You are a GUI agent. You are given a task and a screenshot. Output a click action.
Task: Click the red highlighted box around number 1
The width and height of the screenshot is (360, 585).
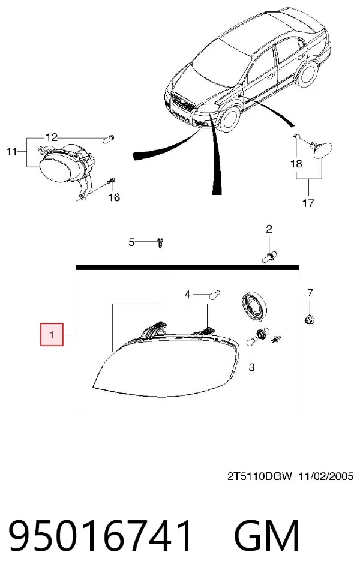pos(52,334)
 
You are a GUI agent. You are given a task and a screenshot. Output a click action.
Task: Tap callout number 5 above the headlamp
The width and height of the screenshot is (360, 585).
pos(131,242)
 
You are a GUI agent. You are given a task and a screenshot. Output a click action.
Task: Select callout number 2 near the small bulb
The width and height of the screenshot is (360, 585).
pos(269,229)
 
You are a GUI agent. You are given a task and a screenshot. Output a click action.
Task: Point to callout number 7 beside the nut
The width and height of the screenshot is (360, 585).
pos(310,293)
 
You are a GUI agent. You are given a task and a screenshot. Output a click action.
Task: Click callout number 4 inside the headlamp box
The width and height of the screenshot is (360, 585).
pos(187,295)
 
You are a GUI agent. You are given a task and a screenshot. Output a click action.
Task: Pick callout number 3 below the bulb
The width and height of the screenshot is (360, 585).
pos(251,367)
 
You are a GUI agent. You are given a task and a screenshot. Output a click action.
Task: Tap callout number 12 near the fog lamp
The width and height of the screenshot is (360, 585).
pos(52,137)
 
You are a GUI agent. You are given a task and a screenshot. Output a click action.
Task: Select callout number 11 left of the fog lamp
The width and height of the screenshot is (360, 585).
pos(11,151)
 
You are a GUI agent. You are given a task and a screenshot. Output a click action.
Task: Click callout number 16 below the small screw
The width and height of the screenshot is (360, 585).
pos(114,197)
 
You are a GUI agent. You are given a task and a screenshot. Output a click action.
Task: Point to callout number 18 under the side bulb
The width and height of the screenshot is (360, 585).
pos(296,164)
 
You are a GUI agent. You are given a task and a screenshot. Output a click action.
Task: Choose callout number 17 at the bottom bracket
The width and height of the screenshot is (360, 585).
pos(308,203)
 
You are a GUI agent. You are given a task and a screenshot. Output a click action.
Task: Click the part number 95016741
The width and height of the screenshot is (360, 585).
pos(100,536)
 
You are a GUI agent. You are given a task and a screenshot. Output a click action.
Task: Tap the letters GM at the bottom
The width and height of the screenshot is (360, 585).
pos(266,536)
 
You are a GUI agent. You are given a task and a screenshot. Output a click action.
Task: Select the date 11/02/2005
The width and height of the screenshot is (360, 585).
pos(326,476)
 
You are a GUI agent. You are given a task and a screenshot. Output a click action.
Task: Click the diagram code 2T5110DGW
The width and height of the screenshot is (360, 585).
pos(260,476)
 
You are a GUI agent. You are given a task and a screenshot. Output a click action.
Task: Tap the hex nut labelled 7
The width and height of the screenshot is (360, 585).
pos(309,319)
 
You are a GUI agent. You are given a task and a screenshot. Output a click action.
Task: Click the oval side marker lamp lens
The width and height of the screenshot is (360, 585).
pos(323,150)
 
